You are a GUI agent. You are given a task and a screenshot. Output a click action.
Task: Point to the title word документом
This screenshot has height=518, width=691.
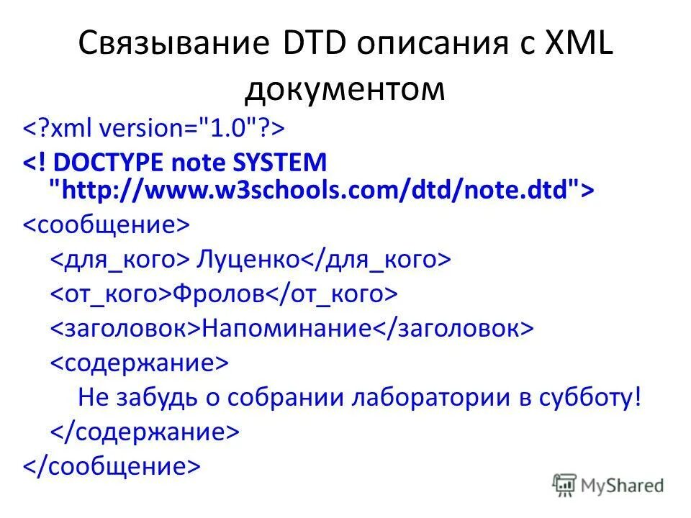pos(345,89)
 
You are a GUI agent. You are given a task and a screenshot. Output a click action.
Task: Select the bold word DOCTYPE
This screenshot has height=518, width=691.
pos(108,162)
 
